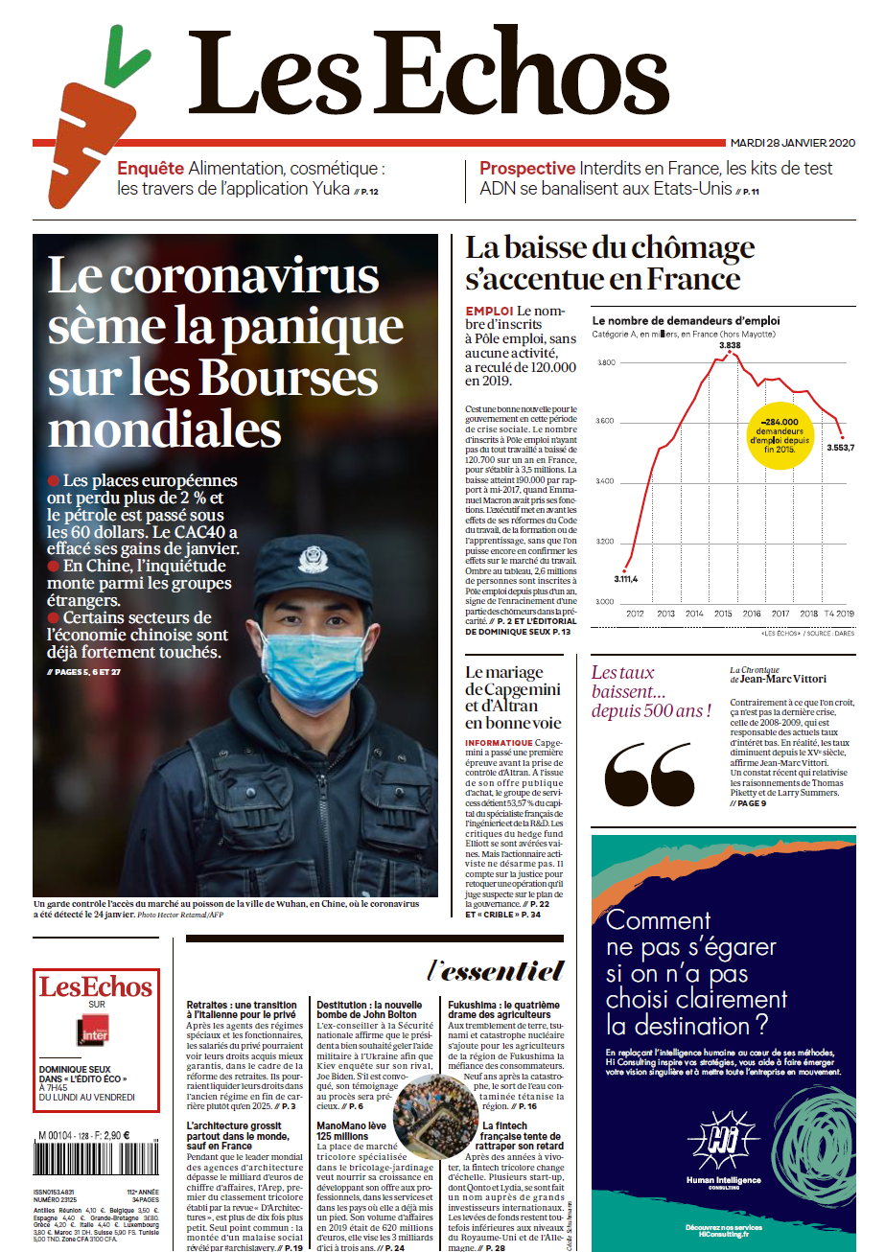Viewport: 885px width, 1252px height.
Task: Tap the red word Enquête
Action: [150, 169]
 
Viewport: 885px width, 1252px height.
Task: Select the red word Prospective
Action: [527, 169]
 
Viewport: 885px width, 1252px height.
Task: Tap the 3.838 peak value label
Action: [730, 345]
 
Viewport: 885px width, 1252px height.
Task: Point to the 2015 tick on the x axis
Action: [724, 613]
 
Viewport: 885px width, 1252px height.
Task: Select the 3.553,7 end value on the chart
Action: [840, 448]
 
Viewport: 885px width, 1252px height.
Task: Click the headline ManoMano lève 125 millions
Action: [351, 1130]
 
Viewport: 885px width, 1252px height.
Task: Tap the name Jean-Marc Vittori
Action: [782, 679]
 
